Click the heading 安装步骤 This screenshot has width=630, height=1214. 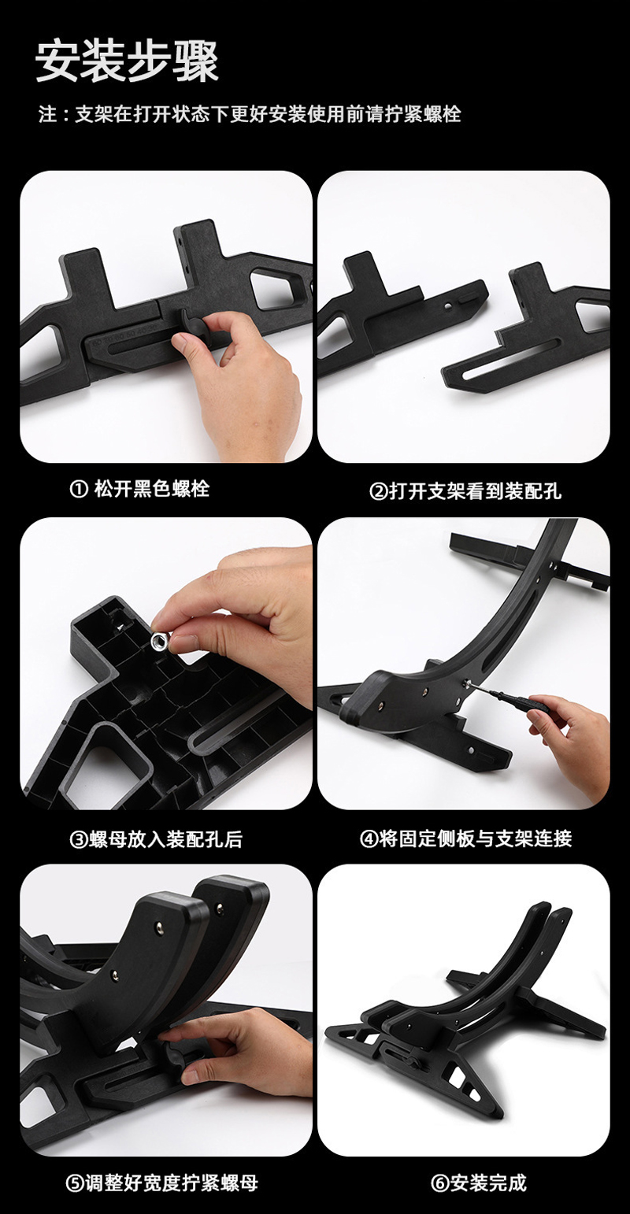tap(127, 62)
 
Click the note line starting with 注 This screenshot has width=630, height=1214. tap(250, 114)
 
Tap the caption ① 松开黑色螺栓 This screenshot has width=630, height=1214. tap(140, 490)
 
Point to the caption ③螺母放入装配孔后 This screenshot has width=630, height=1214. tap(156, 839)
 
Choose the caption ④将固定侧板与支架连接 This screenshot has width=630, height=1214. tap(465, 838)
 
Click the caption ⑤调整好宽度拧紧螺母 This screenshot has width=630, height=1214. tap(161, 1183)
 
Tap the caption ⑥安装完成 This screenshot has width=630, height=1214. tap(479, 1183)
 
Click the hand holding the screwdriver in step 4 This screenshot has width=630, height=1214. tap(569, 742)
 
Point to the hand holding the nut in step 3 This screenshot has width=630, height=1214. tap(239, 613)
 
